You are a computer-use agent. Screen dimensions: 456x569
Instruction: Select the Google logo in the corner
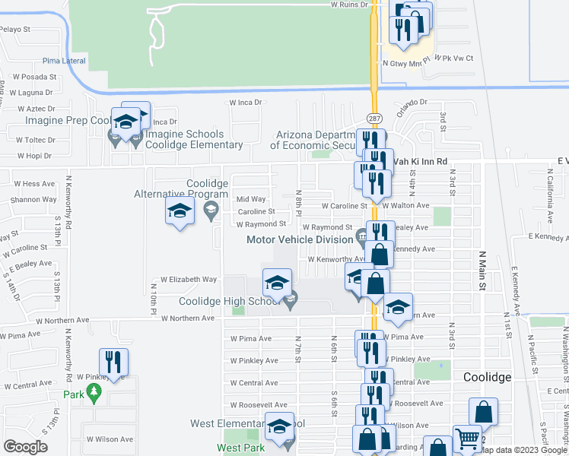click(x=25, y=447)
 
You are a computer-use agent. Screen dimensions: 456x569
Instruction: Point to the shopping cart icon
click(x=466, y=439)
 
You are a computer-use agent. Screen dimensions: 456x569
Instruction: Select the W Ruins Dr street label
click(x=348, y=5)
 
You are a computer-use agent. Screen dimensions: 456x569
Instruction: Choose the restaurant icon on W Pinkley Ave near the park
click(x=113, y=362)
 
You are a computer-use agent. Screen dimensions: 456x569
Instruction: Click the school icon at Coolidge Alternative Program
click(x=180, y=211)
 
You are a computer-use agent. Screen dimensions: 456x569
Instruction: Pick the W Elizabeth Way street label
click(x=187, y=280)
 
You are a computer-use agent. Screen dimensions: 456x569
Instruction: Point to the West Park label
click(x=240, y=448)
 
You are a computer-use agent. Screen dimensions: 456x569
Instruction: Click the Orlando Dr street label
click(x=411, y=103)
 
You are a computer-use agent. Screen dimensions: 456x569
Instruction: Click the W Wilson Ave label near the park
click(x=109, y=439)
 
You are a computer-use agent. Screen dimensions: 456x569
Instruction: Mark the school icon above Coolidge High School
click(x=277, y=283)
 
